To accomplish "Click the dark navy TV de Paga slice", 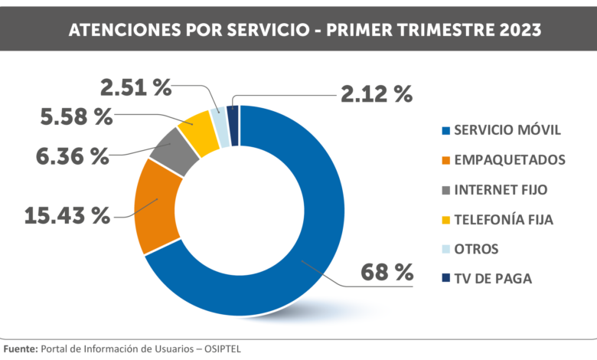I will (233, 113).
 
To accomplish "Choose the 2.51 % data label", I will (135, 87).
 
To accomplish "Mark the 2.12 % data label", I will (377, 94).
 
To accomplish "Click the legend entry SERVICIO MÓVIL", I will (507, 130).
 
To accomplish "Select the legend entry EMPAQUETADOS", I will (509, 160).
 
